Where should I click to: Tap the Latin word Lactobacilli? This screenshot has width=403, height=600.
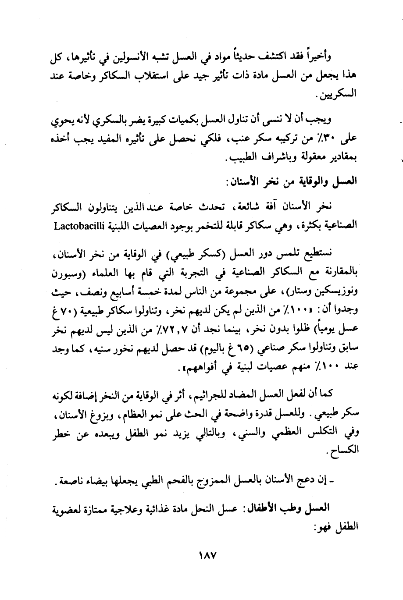pos(78,226)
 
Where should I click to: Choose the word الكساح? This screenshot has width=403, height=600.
pos(346,452)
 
